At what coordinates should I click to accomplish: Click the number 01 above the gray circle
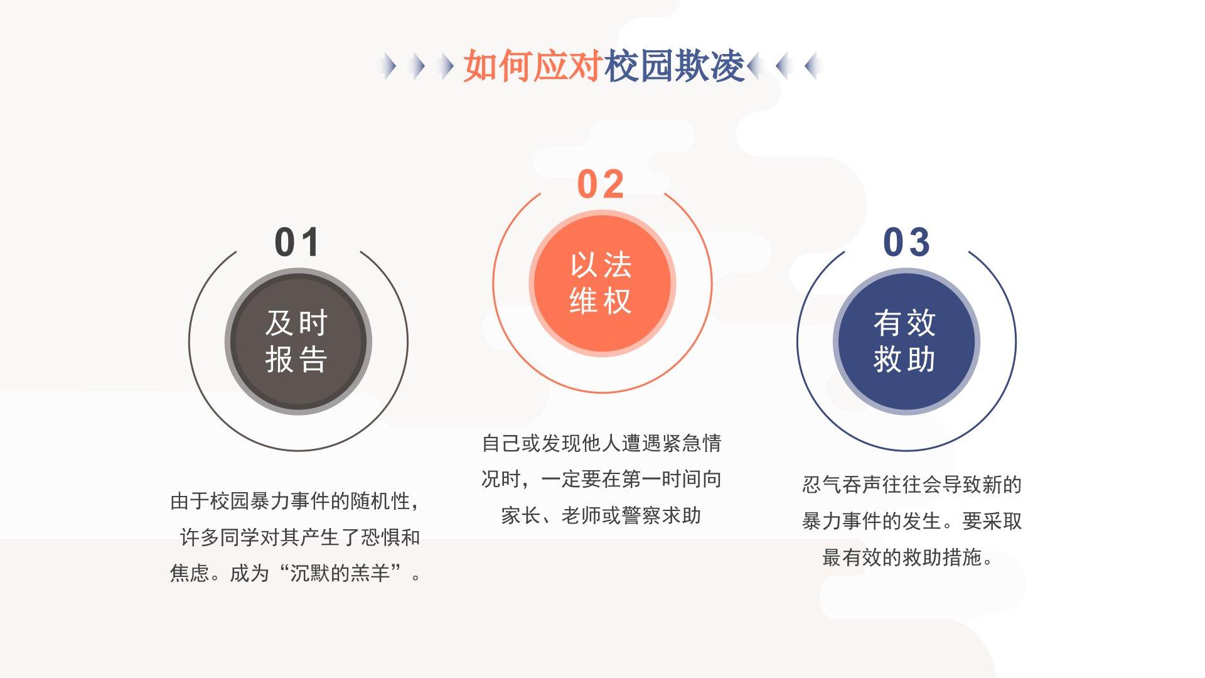coord(297,242)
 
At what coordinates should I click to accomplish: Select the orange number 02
coord(601,185)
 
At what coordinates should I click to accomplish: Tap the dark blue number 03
coord(906,242)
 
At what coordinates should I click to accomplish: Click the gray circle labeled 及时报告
coord(298,342)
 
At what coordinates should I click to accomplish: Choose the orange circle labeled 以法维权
coord(602,283)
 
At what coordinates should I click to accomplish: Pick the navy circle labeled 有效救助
coord(906,342)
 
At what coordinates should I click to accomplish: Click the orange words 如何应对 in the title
coord(533,65)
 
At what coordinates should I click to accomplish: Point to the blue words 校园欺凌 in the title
coord(675,65)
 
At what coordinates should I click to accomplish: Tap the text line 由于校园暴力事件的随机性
coord(295,501)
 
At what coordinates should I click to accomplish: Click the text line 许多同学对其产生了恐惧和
coord(300,537)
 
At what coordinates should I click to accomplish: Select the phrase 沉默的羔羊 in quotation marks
coord(340,573)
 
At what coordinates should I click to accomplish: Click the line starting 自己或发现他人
coord(601,443)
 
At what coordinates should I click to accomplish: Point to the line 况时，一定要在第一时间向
coord(601,479)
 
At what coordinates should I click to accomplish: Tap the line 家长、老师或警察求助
coord(601,515)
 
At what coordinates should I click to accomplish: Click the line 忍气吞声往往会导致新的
coord(912,485)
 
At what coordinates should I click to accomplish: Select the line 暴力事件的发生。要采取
coord(912,521)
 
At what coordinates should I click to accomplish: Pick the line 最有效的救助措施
coord(908,557)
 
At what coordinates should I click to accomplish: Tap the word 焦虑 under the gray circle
coord(190,573)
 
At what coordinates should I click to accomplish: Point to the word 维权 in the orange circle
coord(601,301)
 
